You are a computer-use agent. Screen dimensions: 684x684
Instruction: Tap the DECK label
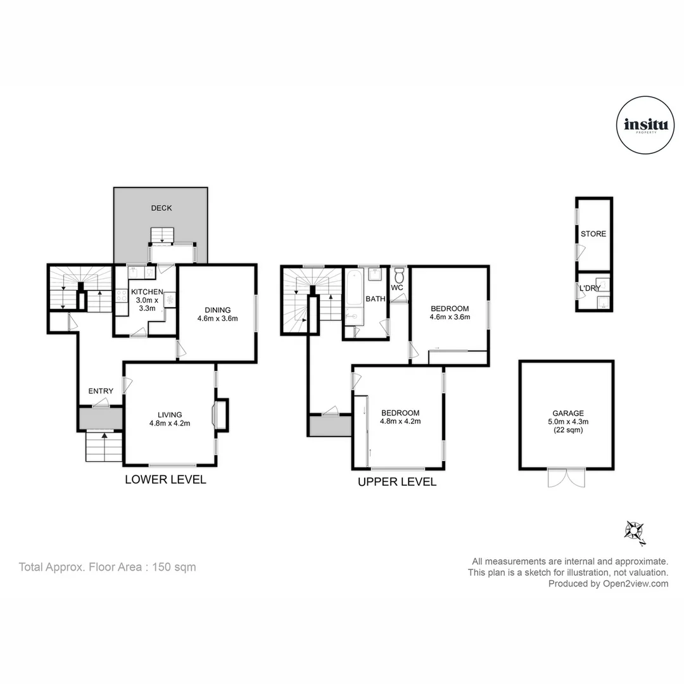(x=161, y=208)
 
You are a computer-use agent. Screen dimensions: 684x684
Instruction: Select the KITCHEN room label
(x=147, y=292)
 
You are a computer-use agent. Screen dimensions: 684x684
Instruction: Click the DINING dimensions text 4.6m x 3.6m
(x=217, y=319)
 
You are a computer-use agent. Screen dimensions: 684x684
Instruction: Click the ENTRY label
(x=101, y=391)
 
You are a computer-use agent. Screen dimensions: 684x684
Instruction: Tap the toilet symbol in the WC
(x=399, y=277)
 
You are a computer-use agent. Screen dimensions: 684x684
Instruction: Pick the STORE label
(x=593, y=234)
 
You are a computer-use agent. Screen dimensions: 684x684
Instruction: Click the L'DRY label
(x=589, y=289)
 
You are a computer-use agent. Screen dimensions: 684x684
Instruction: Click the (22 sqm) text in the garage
(x=566, y=429)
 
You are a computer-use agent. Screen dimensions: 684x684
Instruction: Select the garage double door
(x=566, y=478)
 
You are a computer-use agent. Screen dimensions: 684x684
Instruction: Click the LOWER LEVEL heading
(x=165, y=479)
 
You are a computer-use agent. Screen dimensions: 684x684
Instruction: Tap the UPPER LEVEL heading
(x=397, y=482)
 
